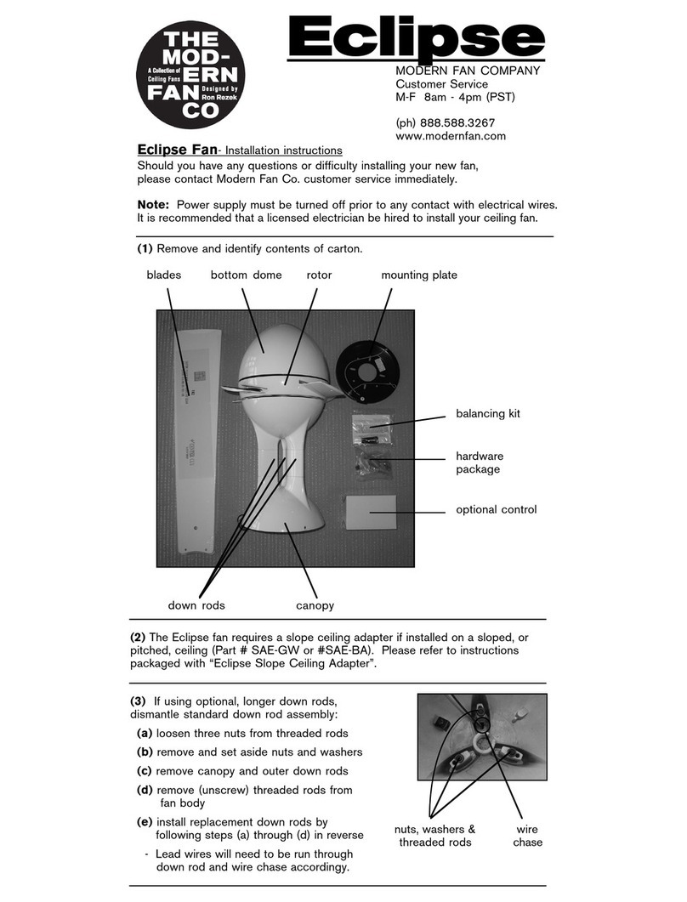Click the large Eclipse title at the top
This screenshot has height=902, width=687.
pos(417,37)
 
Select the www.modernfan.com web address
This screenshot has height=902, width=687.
pos(451,136)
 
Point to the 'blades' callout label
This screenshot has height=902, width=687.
pos(164,275)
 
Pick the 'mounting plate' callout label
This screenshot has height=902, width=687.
pos(418,275)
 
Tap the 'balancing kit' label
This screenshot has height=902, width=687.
pos(487,414)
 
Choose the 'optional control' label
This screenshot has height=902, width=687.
pos(497,510)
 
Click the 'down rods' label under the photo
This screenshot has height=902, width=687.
pos(196,605)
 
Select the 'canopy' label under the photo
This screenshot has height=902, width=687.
pos(315,605)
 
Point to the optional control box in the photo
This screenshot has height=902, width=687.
pos(372,513)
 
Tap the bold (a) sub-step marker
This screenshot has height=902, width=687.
pos(145,733)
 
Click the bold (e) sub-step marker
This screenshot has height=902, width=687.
pos(145,822)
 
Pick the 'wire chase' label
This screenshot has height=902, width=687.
pos(527,835)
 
